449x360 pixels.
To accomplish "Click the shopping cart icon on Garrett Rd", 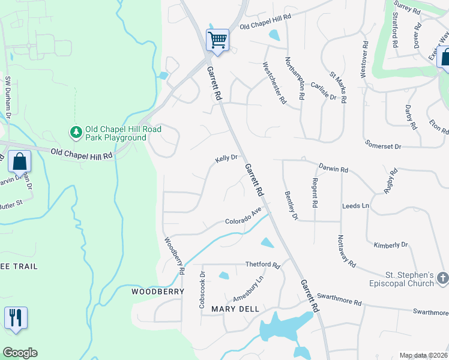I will [217, 40].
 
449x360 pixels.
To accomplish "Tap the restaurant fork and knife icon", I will [16, 317].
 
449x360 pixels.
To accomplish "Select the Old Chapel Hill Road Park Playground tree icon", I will [76, 131].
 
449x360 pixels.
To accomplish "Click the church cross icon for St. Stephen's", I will [442, 278].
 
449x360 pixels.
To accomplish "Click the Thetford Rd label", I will [262, 265].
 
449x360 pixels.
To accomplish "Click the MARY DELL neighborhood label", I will [235, 309].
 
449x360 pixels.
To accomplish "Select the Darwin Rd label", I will [333, 169].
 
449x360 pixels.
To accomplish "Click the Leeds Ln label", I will [355, 206].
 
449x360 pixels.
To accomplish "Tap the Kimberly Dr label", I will [390, 245].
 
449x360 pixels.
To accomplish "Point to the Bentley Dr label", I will [292, 205].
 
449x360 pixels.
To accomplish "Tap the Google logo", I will [20, 353].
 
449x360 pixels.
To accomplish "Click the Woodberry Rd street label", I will [175, 256].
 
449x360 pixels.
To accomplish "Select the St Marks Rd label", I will [338, 88].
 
